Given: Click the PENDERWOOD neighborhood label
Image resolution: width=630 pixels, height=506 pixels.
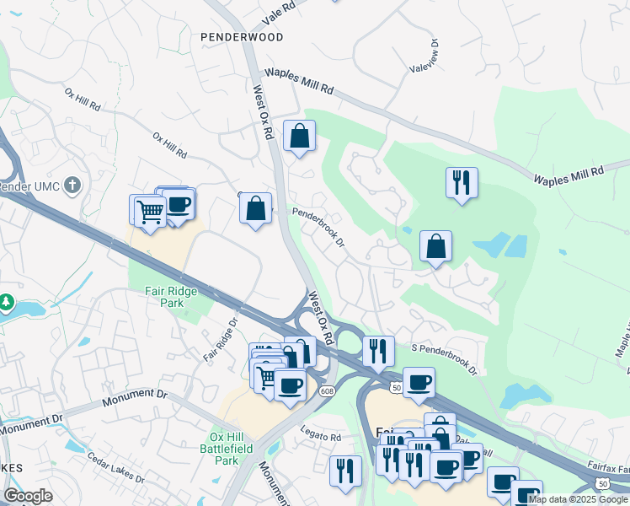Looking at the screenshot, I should click(x=241, y=37).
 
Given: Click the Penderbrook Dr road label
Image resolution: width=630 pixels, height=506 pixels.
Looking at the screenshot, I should click(x=318, y=228).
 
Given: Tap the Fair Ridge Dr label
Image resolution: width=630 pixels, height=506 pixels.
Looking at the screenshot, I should click(x=221, y=339).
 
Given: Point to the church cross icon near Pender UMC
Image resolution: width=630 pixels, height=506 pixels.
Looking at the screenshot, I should click(x=73, y=184).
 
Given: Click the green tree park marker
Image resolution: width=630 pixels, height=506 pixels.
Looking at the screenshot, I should click(x=7, y=301).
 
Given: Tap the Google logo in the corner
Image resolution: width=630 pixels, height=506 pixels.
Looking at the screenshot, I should click(x=28, y=496).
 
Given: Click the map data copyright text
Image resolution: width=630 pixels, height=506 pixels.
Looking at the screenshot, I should click(x=578, y=499).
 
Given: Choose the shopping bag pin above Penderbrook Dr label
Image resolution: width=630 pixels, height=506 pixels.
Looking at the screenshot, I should click(x=255, y=207).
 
